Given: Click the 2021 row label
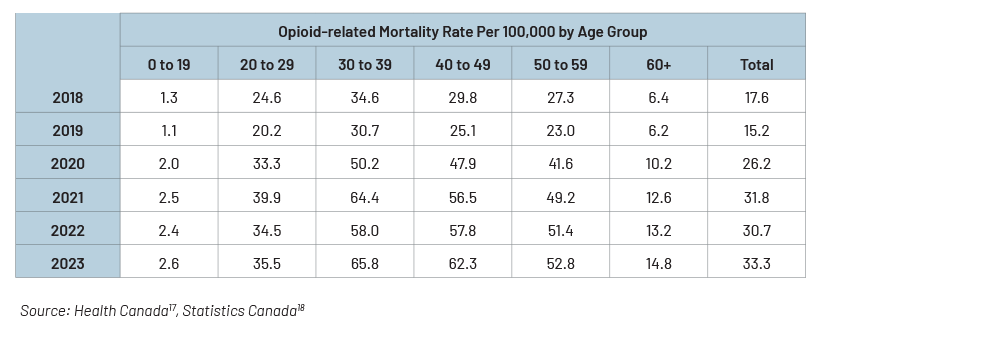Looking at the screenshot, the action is point(68,197).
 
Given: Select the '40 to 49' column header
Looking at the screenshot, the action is point(462,64).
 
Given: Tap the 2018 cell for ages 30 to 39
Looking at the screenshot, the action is point(365,98).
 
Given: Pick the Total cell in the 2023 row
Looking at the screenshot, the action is point(756,264).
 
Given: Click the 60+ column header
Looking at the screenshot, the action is point(658,64).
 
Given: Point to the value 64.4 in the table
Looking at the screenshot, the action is point(365,197).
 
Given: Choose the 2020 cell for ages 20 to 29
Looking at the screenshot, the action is point(267,164).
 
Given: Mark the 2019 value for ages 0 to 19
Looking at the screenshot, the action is point(169,131).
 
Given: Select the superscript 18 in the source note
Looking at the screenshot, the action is point(301,308).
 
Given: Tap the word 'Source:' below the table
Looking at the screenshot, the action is point(45,310).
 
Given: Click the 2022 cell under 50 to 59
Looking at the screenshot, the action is point(561,230).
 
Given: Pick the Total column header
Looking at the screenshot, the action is point(756,64).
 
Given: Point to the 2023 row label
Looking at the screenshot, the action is point(68,264).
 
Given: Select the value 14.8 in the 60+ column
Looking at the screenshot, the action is point(658,264).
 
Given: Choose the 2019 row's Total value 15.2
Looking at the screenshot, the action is point(756,131).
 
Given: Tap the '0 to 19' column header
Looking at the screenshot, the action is point(169,64).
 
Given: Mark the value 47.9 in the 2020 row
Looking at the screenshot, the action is point(462,164).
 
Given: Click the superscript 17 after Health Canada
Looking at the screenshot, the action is point(172,308).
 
